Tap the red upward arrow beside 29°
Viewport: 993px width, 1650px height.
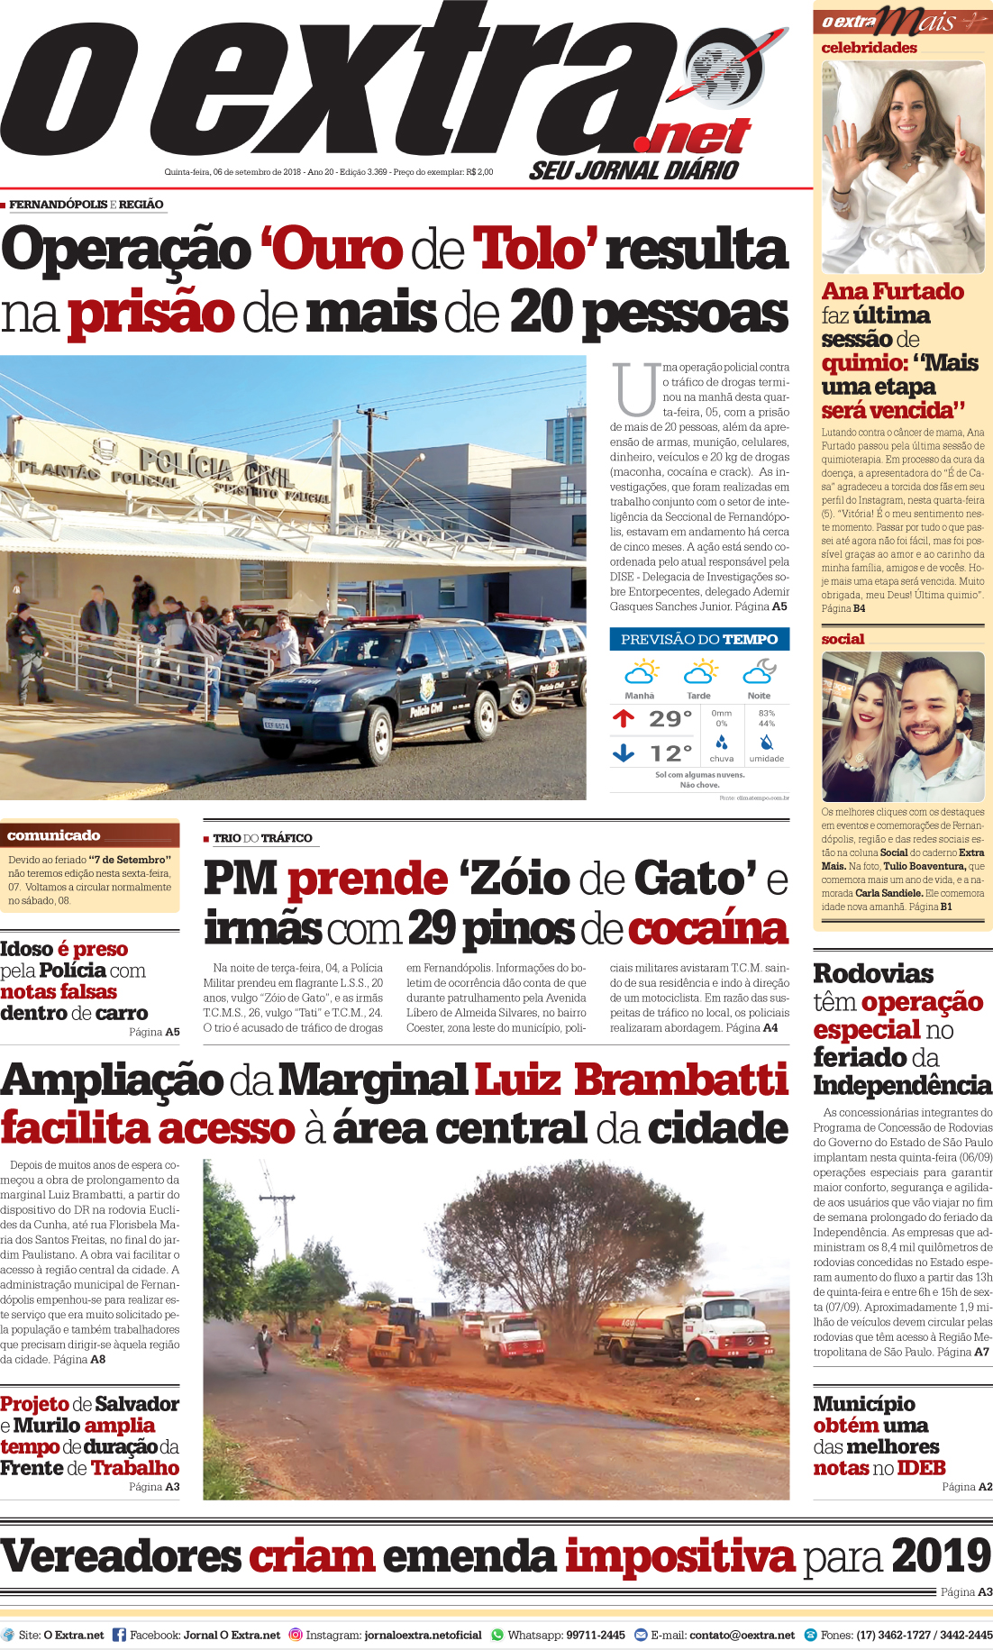(624, 718)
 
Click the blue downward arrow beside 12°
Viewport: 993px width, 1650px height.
(624, 752)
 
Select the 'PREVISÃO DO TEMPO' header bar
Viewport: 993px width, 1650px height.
(699, 639)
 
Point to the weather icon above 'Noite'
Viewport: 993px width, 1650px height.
(760, 672)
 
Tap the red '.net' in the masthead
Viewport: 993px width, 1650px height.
(693, 137)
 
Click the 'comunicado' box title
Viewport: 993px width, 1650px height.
(54, 835)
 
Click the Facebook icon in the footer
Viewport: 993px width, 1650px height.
(119, 1635)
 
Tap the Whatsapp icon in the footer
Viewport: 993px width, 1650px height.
(497, 1635)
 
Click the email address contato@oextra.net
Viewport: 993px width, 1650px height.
(742, 1635)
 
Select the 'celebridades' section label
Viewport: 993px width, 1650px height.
(869, 48)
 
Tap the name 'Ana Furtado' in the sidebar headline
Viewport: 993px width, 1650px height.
(893, 292)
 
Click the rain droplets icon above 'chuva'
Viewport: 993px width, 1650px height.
(722, 743)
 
